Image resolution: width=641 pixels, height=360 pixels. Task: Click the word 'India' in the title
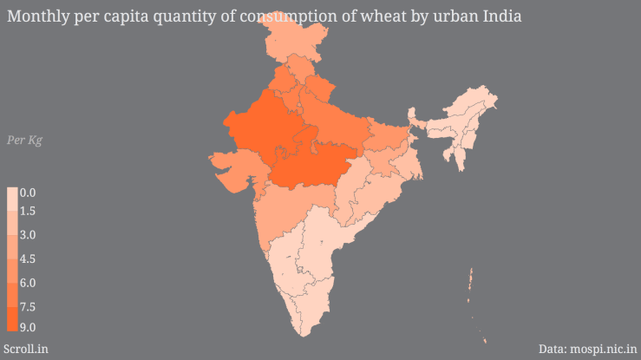(500, 16)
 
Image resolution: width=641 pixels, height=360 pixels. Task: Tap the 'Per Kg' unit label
(24, 141)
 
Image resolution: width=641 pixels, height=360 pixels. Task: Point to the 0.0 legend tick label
(27, 193)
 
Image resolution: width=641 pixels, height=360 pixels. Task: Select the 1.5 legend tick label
(27, 211)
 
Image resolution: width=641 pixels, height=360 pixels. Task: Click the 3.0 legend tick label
(27, 235)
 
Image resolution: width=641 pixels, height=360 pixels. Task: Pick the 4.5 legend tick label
(27, 259)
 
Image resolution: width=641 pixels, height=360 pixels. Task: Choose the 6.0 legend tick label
(27, 283)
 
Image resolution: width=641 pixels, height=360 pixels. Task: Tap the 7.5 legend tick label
(27, 306)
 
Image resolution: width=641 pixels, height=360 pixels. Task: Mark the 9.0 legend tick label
(27, 327)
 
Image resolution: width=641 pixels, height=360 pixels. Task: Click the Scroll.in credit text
(26, 349)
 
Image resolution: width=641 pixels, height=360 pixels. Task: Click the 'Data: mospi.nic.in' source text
(586, 349)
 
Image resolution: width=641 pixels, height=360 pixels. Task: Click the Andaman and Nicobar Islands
(471, 282)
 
